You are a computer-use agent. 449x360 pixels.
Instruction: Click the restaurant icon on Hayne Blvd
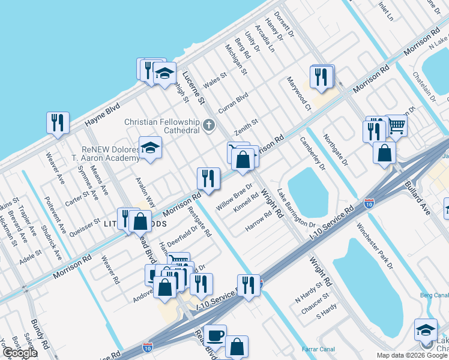point(58,123)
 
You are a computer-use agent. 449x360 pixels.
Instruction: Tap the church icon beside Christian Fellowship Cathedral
point(208,125)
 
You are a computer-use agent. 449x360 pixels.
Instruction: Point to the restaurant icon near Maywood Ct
point(322,76)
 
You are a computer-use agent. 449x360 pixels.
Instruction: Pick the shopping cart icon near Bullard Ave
point(396,125)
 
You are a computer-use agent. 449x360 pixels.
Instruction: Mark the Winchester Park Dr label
point(374,246)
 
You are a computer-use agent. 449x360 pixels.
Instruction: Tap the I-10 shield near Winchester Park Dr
point(369,203)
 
